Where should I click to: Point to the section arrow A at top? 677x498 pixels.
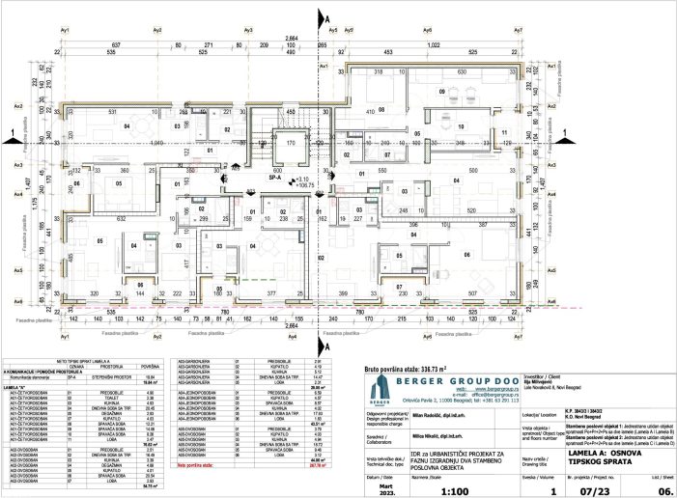tap(327, 19)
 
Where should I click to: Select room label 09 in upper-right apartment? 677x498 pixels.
tap(442, 92)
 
